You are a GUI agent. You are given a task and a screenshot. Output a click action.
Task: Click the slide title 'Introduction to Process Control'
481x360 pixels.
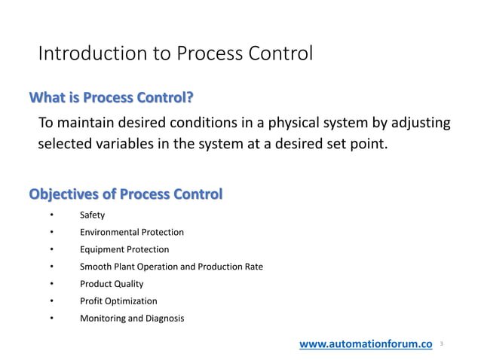click(175, 54)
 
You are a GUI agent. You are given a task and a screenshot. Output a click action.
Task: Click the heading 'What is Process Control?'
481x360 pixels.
click(111, 98)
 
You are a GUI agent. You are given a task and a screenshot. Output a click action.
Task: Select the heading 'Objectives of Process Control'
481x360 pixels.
click(125, 194)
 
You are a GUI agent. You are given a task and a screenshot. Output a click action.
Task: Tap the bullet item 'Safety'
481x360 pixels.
click(92, 215)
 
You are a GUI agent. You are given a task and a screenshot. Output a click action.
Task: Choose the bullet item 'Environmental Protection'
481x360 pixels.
click(131, 233)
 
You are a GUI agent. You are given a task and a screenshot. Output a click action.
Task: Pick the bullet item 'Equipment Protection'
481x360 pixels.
click(124, 249)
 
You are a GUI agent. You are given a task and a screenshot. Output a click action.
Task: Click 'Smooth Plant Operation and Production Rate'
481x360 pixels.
click(171, 267)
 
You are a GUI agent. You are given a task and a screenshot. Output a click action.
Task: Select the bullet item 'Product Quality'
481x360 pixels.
click(112, 284)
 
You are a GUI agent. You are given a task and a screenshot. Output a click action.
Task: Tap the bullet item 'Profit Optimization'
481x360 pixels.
click(118, 301)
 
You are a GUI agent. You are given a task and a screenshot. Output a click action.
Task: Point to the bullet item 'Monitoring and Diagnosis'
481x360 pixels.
click(131, 319)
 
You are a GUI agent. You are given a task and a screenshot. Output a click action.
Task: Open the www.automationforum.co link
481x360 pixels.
click(366, 344)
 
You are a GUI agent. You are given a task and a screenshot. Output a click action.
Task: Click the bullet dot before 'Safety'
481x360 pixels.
click(51, 215)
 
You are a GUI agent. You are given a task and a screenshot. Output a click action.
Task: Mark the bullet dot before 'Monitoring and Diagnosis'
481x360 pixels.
click(51, 319)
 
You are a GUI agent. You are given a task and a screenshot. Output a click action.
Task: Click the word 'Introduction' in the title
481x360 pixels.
click(84, 54)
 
